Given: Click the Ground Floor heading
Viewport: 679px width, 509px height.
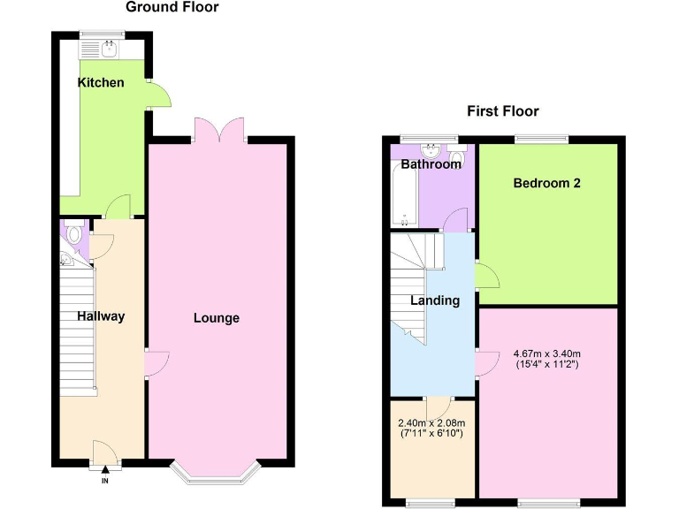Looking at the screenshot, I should point(172,7).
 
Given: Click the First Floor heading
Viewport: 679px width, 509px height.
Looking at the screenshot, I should point(502,110).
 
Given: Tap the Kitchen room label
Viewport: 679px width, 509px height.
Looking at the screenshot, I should point(101,82).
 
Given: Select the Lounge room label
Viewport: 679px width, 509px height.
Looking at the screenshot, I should point(217,318).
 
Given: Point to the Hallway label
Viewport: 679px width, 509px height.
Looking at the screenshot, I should point(100,316).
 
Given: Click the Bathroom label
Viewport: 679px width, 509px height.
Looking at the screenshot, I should point(431,164).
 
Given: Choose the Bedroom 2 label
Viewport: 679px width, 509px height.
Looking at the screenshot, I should point(546,184).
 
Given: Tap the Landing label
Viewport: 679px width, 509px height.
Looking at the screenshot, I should point(434,300).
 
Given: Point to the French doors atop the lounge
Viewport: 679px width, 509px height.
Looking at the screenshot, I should point(217,131).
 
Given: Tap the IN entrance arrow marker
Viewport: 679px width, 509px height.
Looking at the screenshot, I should point(104,474).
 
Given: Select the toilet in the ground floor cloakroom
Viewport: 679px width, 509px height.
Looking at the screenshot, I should point(74,234).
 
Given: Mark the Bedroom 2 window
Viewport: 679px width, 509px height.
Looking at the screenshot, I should point(540,138).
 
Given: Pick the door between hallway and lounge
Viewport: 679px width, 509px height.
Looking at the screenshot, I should point(154,362).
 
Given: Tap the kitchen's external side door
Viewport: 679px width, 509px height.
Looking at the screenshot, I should point(157,94).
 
